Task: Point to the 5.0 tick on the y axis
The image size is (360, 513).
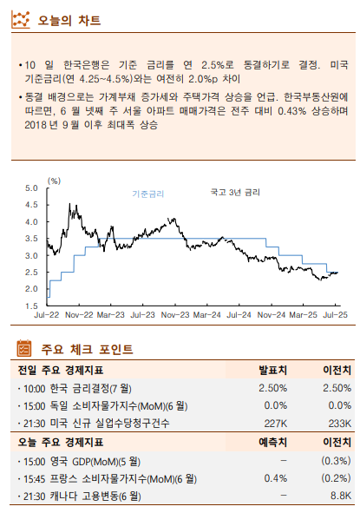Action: click(x=32, y=188)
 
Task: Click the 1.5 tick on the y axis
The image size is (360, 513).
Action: click(x=32, y=306)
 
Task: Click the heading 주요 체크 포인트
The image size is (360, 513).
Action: click(x=87, y=350)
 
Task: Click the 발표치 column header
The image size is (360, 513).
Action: click(x=272, y=370)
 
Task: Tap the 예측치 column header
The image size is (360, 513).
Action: click(x=272, y=442)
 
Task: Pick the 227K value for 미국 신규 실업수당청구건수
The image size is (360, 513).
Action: click(x=275, y=423)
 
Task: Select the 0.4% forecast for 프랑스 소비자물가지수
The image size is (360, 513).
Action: click(x=275, y=477)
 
